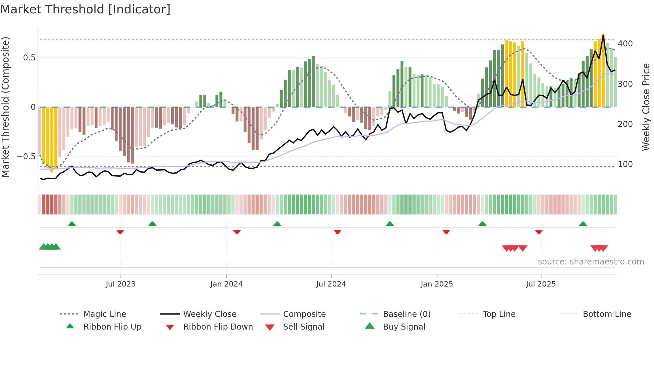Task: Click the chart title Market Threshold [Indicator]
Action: click(x=85, y=9)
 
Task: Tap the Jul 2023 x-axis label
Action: click(x=120, y=284)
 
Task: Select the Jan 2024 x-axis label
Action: click(x=226, y=284)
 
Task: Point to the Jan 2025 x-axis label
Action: click(x=436, y=284)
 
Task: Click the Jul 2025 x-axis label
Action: click(x=541, y=284)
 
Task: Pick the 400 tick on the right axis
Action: click(x=625, y=44)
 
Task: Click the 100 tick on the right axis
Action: click(x=625, y=164)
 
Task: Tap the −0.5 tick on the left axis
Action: click(x=26, y=157)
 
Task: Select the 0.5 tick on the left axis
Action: click(x=29, y=58)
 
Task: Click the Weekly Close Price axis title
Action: click(x=646, y=107)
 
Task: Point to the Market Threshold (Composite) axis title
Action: click(x=5, y=107)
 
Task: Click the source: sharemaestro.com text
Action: click(x=591, y=262)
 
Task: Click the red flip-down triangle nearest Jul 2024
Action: click(x=337, y=232)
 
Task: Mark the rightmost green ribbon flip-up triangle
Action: click(x=583, y=224)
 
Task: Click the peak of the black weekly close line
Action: click(x=603, y=35)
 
